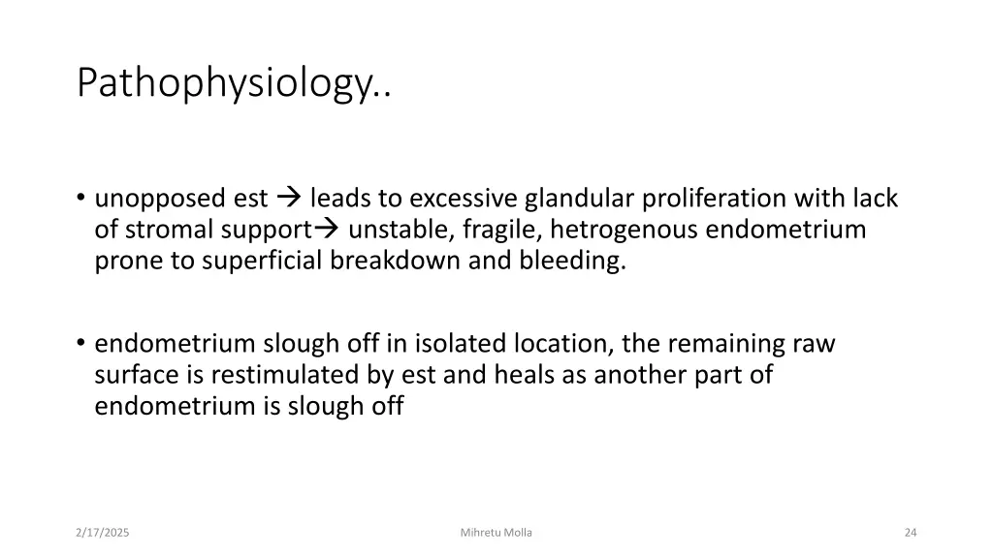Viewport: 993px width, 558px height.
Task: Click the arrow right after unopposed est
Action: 289,199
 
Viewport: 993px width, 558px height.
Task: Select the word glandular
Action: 578,199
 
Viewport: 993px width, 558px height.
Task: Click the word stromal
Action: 166,231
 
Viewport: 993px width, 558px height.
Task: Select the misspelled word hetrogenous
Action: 624,230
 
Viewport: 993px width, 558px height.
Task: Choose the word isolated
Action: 462,344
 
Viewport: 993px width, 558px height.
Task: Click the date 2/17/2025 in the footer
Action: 103,532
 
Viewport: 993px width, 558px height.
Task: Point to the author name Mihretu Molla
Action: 496,532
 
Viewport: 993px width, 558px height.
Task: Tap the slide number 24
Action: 910,532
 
